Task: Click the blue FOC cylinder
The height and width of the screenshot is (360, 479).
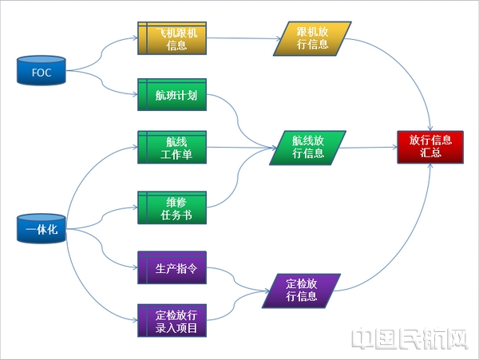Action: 42,73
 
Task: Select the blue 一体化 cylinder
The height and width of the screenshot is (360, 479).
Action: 42,230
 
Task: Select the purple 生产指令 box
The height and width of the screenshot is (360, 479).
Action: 172,267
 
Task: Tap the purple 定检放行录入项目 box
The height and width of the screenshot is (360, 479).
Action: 172,321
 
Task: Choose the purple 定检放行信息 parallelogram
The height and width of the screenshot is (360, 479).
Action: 302,292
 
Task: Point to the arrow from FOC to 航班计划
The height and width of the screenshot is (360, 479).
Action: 104,86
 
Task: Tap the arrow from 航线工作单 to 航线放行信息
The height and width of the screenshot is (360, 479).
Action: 239,148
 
